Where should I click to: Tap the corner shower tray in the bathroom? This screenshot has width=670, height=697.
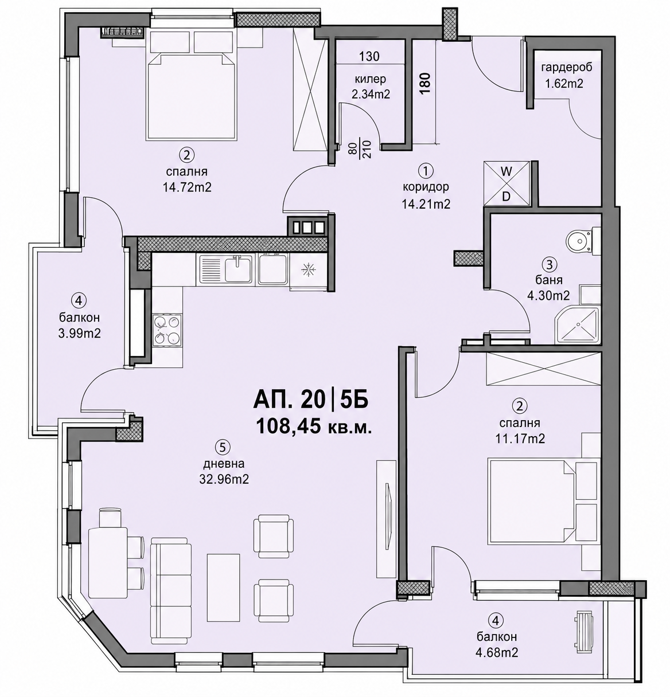pyautogui.click(x=577, y=325)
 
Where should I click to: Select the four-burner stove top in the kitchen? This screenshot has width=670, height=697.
pyautogui.click(x=167, y=330)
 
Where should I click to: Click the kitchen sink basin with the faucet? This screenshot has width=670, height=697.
pyautogui.click(x=237, y=269)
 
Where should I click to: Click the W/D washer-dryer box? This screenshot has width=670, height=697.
pyautogui.click(x=507, y=184)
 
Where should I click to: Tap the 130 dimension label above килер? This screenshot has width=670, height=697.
pyautogui.click(x=369, y=56)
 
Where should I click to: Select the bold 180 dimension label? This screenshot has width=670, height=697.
pyautogui.click(x=425, y=83)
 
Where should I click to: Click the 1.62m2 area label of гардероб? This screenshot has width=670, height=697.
pyautogui.click(x=564, y=84)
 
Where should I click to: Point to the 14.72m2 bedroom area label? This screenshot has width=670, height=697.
pyautogui.click(x=187, y=187)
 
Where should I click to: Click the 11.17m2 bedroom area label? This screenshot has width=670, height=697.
pyautogui.click(x=520, y=438)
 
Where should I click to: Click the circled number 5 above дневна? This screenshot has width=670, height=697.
pyautogui.click(x=223, y=447)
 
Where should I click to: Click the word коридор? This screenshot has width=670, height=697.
pyautogui.click(x=426, y=187)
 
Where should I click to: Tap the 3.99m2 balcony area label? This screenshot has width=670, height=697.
pyautogui.click(x=79, y=334)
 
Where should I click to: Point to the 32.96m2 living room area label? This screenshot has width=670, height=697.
pyautogui.click(x=224, y=479)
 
